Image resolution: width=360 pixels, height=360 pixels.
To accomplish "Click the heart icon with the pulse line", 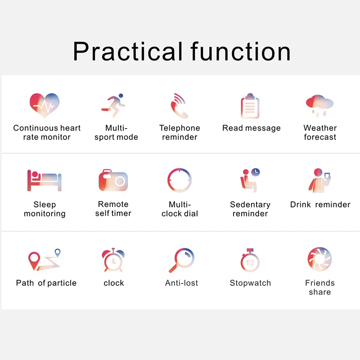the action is click(44, 105).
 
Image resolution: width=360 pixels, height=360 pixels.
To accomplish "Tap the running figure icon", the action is click(113, 105).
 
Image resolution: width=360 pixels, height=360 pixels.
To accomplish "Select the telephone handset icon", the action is click(179, 106).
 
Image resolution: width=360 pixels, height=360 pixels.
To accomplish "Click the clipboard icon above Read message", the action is click(250, 106).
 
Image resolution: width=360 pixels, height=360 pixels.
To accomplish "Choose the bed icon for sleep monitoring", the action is click(44, 180).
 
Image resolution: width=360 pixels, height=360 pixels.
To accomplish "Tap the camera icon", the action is click(113, 180).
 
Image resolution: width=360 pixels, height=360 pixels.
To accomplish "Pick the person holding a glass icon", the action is click(319, 180).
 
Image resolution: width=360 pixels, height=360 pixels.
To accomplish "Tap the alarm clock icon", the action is click(113, 260).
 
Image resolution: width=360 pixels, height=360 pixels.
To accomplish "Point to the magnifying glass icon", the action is click(181, 260).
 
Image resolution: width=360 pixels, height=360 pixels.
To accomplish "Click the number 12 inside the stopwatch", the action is click(250, 263).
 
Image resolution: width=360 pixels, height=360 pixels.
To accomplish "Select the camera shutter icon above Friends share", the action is click(319, 259).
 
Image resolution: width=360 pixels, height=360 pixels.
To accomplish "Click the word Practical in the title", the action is click(128, 51).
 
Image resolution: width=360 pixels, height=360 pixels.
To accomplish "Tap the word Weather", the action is click(320, 128).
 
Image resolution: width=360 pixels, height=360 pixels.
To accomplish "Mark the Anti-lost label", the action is click(181, 283).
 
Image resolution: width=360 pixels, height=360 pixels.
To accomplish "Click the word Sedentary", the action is click(250, 205).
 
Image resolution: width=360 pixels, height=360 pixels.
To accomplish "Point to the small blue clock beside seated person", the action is click(256, 172).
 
